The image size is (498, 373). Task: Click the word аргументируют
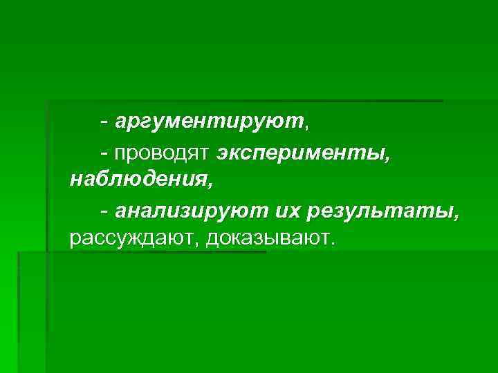tap(209, 122)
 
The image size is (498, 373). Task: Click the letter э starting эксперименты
tap(223, 152)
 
